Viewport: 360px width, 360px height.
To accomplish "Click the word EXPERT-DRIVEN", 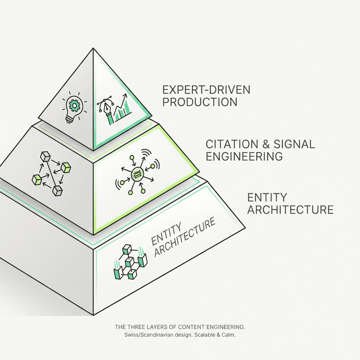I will click(x=206, y=90).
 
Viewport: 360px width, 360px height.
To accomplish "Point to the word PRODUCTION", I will click(x=200, y=102).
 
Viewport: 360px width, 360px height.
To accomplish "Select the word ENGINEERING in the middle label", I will click(x=244, y=156).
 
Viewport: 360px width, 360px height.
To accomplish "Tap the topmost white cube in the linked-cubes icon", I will click(x=45, y=156).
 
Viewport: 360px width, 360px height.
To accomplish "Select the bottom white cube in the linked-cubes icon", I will click(x=58, y=191).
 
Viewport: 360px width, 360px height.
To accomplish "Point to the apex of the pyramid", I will click(x=93, y=49).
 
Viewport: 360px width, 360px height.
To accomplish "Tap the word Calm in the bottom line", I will click(x=227, y=335).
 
